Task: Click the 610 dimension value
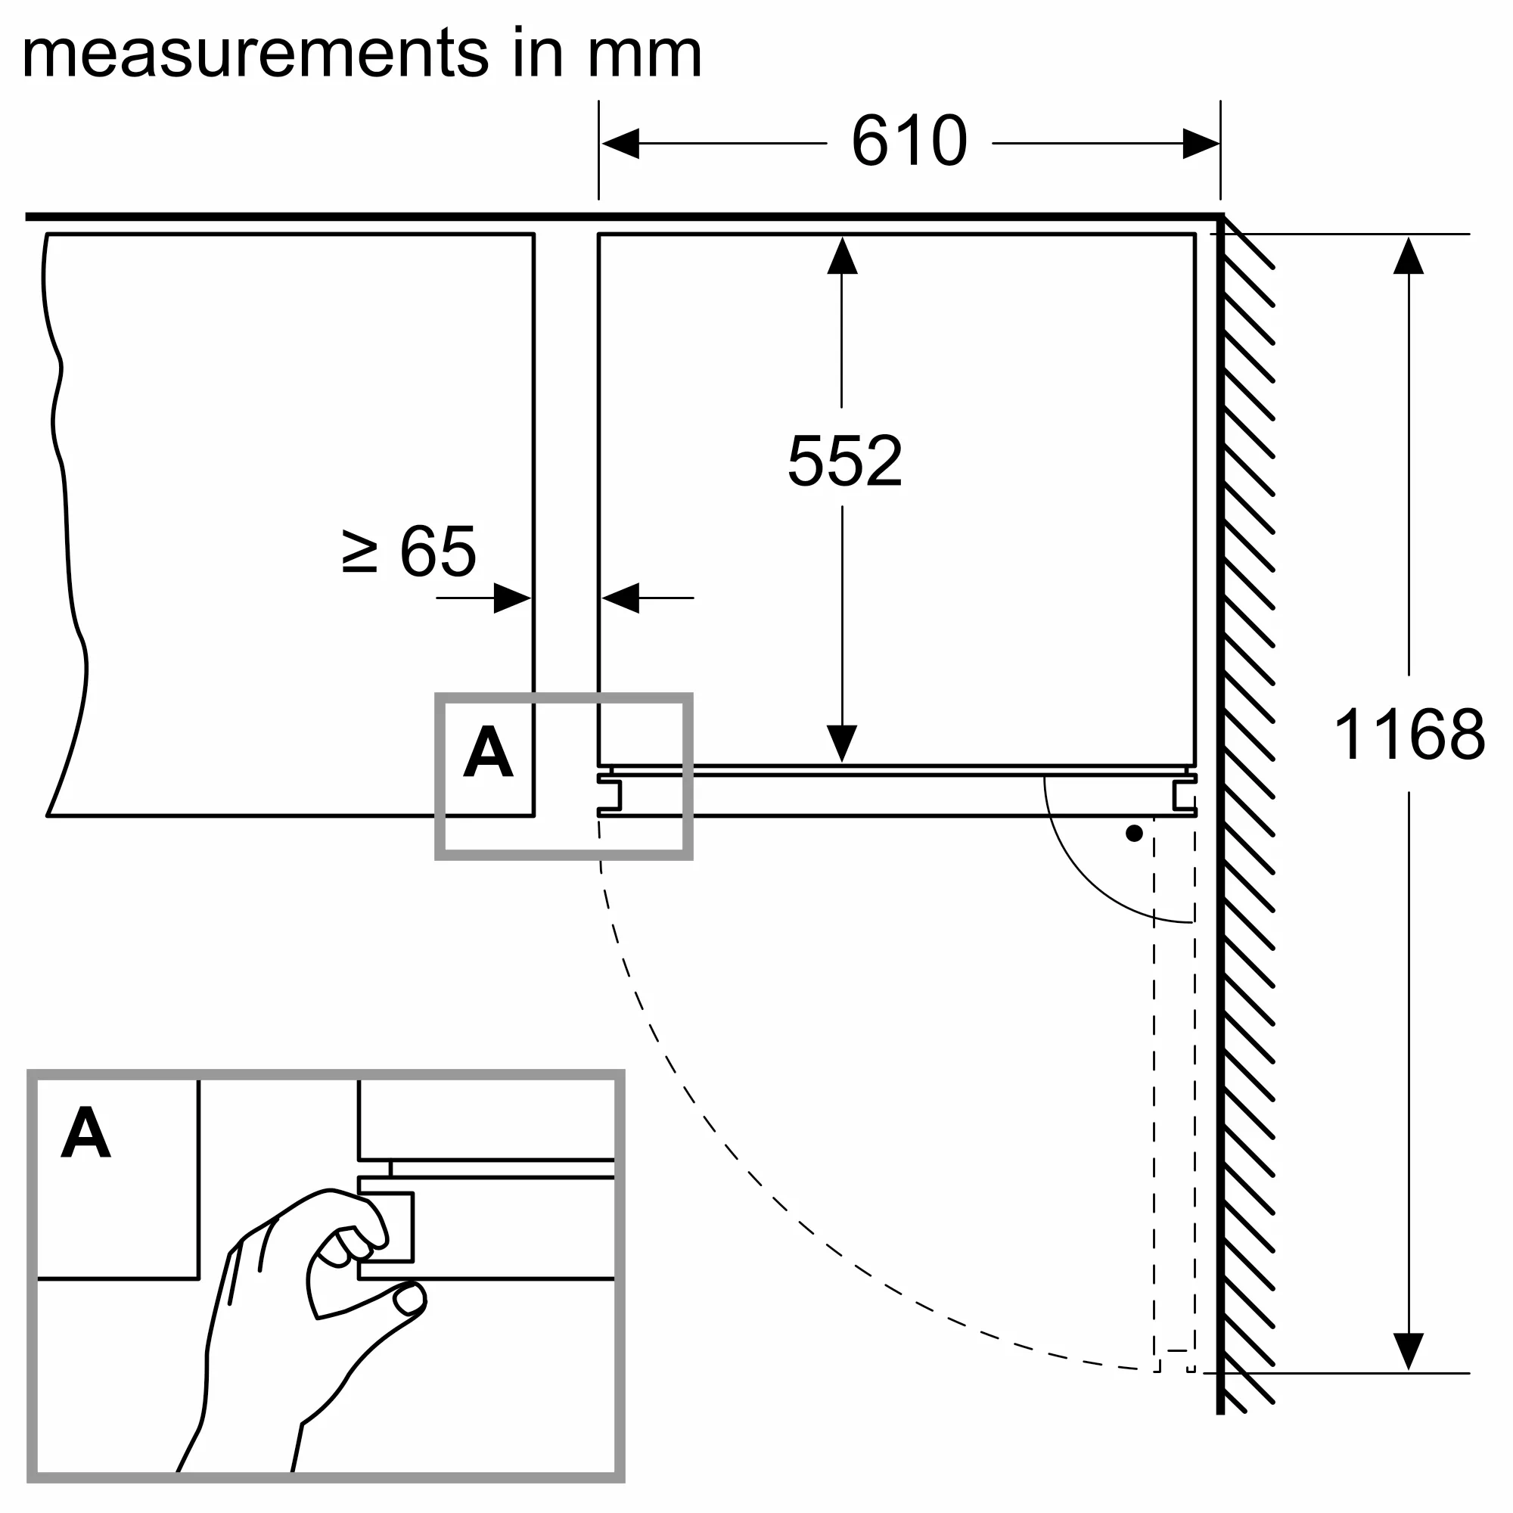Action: coord(909,141)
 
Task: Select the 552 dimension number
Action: coord(844,461)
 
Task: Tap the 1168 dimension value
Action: coord(1408,735)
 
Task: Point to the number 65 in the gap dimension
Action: coord(437,551)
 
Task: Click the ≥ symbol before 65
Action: coord(359,551)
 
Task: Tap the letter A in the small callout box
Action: coord(488,752)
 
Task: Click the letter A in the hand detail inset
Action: coord(85,1132)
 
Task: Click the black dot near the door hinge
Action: coord(1134,834)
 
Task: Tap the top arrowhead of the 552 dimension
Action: coord(842,255)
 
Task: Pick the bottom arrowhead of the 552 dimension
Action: coord(842,743)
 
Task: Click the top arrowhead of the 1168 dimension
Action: coord(1408,255)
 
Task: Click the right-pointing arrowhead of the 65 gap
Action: coord(513,598)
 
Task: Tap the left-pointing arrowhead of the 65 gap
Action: coord(621,598)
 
